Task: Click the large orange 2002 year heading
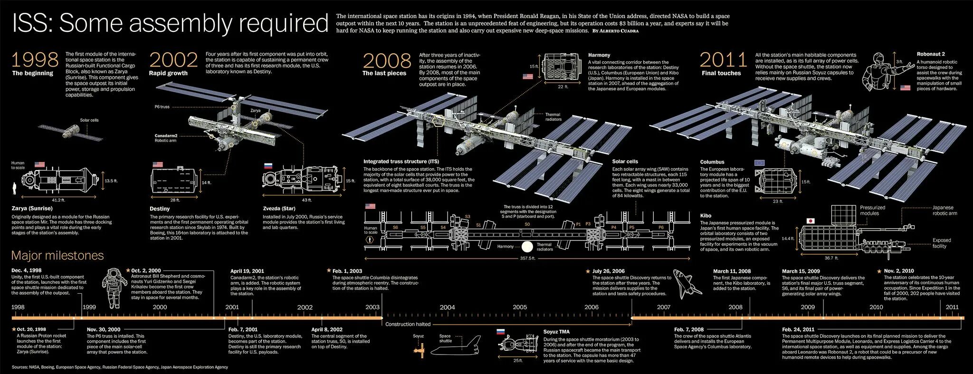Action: [173, 60]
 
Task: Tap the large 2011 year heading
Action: [724, 60]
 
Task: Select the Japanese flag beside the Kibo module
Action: [811, 221]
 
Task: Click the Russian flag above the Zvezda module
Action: [268, 166]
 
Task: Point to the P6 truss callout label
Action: [162, 107]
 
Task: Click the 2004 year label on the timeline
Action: [447, 307]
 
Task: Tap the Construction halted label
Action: [408, 324]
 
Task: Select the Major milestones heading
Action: [57, 256]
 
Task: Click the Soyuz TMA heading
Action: [556, 332]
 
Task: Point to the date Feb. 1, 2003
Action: [347, 271]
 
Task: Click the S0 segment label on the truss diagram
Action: [527, 224]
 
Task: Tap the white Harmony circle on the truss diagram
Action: [526, 247]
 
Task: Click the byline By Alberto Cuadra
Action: [615, 31]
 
